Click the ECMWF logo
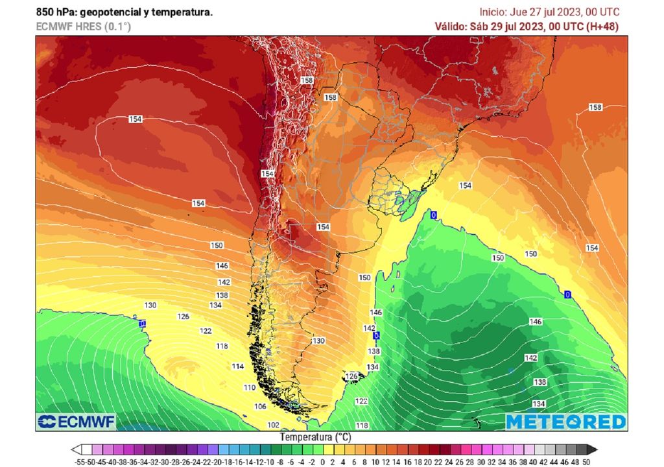[x=77, y=422]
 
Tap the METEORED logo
[x=565, y=422]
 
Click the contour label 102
[x=274, y=425]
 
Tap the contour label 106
[x=260, y=407]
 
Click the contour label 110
[x=250, y=387]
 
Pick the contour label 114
[x=238, y=366]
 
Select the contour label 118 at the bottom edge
[x=362, y=425]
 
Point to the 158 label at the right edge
[x=595, y=107]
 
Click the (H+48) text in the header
[x=602, y=27]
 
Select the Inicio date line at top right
[x=549, y=12]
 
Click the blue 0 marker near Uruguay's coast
[x=433, y=215]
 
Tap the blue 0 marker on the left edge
[x=142, y=322]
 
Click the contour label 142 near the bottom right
[x=530, y=358]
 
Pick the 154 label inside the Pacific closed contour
[x=136, y=119]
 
